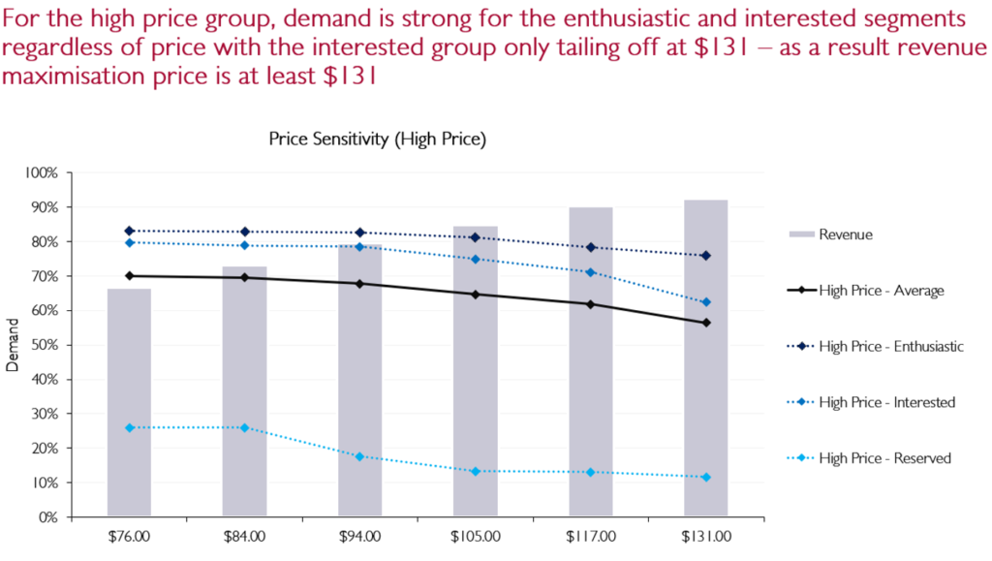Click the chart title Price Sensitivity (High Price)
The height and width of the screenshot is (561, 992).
pos(377,140)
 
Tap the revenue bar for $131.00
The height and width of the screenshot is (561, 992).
pos(705,358)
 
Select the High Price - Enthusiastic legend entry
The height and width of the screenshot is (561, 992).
pos(889,346)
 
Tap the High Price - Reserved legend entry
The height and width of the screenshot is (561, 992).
pos(883,457)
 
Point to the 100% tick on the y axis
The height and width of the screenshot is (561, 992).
pos(43,173)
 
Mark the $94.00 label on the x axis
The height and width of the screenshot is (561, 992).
pos(359,534)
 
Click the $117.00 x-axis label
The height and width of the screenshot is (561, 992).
pos(590,534)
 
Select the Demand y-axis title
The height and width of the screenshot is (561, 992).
pos(13,345)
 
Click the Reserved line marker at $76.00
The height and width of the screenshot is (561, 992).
pos(129,427)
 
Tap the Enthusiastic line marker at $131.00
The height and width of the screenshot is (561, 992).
pos(705,256)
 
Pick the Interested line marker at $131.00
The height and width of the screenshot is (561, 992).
pos(705,302)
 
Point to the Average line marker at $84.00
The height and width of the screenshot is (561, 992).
pos(244,278)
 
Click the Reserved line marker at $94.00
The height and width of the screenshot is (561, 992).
pos(359,456)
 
